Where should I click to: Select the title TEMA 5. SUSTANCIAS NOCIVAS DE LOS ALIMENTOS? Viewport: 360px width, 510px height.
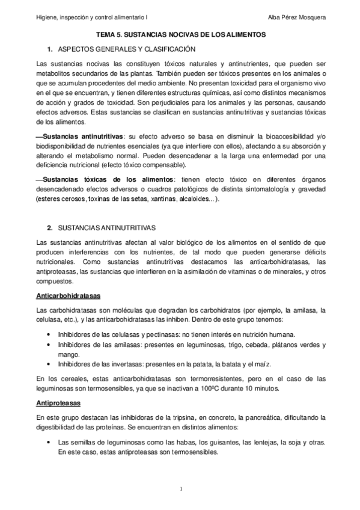pyautogui.click(x=180, y=35)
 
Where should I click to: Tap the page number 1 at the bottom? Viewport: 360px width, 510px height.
pyautogui.click(x=180, y=488)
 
